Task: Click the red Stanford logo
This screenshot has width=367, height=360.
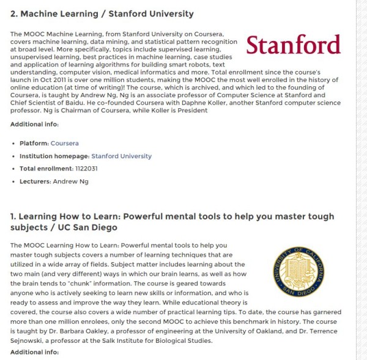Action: [293, 45]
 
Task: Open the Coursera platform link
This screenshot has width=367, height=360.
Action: [64, 143]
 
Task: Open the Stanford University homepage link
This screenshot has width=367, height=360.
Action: [121, 156]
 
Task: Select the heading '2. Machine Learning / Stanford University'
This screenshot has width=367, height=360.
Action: [102, 13]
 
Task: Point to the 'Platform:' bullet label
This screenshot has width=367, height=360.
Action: [34, 143]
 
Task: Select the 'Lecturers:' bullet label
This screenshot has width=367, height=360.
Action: [35, 182]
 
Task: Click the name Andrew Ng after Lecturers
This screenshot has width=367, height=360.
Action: [70, 182]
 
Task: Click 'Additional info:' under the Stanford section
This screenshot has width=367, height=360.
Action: [34, 124]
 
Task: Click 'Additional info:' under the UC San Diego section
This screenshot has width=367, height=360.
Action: [34, 352]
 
